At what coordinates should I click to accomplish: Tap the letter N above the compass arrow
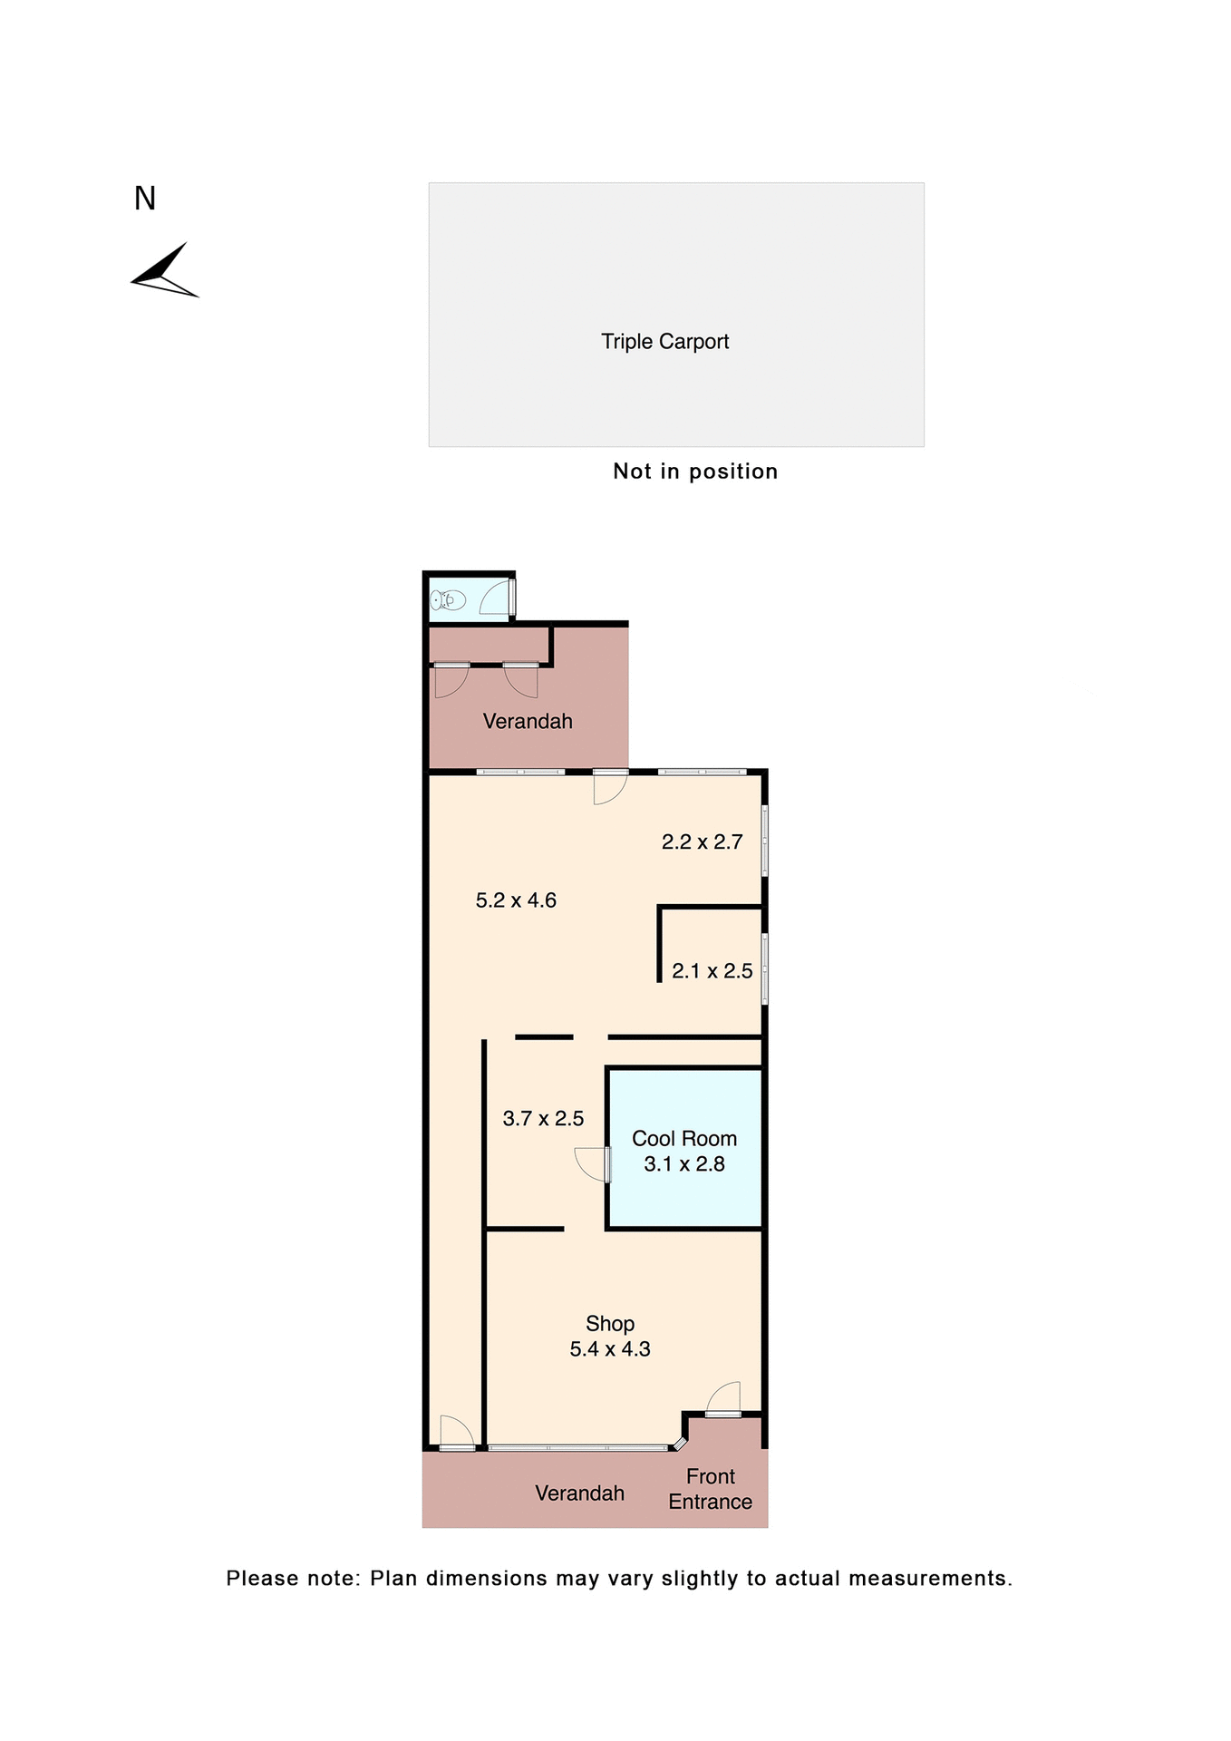tap(145, 199)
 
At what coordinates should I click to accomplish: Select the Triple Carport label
tap(664, 342)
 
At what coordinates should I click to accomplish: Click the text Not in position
tap(695, 472)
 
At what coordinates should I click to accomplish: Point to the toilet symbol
tap(448, 600)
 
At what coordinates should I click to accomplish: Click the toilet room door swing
tap(495, 599)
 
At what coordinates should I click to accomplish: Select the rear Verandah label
tap(528, 722)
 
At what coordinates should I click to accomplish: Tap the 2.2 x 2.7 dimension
tap(702, 842)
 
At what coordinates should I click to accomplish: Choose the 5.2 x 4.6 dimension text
tap(516, 900)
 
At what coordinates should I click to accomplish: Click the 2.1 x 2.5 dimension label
tap(712, 971)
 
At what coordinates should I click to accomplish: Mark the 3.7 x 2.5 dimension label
tap(543, 1119)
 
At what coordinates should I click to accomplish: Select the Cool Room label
tap(684, 1139)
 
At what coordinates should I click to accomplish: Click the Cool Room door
tap(594, 1164)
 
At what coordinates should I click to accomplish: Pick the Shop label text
tap(610, 1324)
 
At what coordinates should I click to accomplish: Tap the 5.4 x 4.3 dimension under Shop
tap(610, 1349)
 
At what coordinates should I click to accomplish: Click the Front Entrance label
tap(711, 1489)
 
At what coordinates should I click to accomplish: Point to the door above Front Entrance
tap(724, 1400)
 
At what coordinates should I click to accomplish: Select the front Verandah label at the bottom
tap(579, 1493)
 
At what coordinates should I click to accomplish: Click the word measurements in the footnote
tap(930, 1579)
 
